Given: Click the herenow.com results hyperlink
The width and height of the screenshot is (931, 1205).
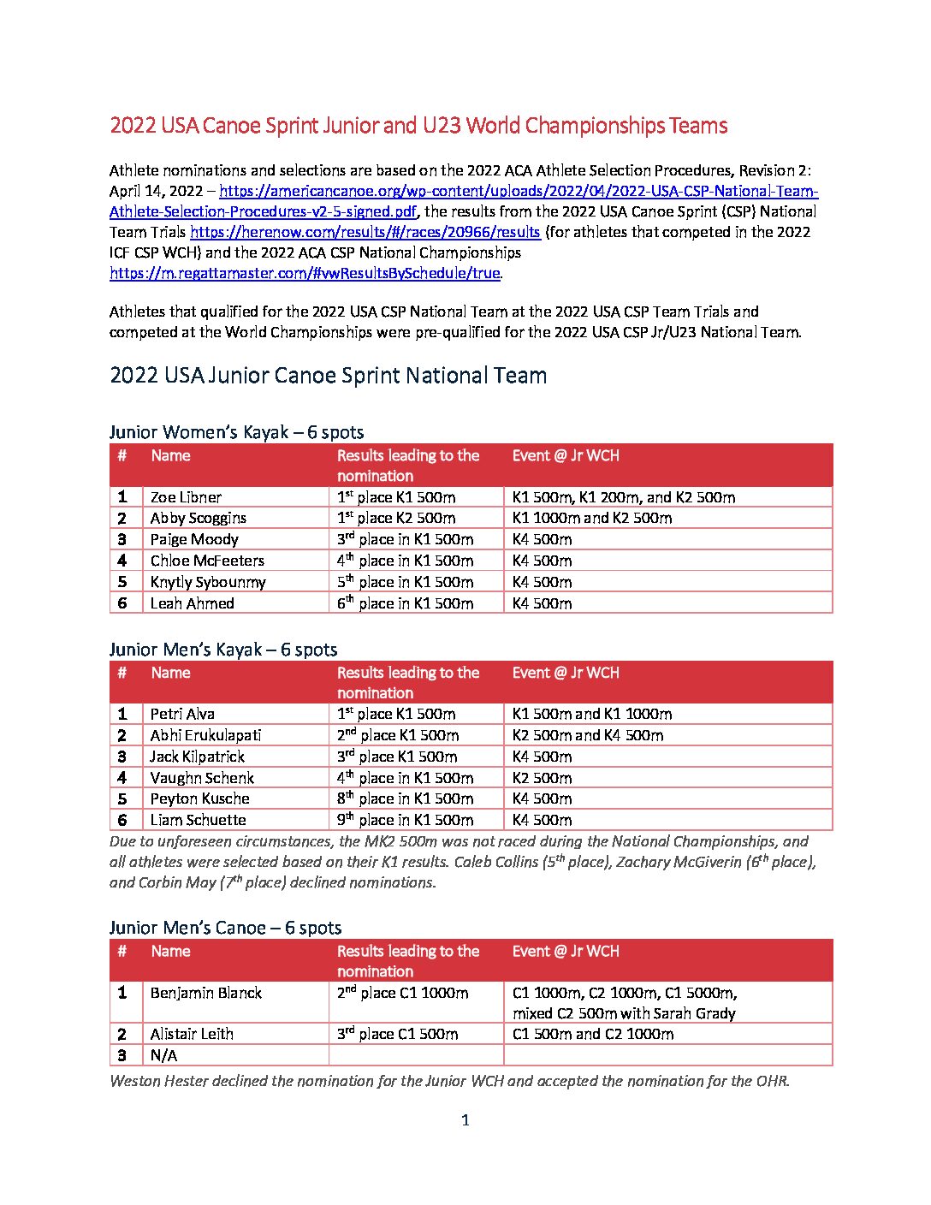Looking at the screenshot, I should point(365,232).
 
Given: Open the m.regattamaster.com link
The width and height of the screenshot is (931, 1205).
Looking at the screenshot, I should point(305,273).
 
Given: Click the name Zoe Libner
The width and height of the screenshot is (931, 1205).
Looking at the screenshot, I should point(186,497).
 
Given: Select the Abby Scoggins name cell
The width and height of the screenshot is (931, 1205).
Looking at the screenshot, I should point(198,518).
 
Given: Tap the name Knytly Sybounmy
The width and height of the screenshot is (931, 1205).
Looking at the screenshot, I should point(208,582).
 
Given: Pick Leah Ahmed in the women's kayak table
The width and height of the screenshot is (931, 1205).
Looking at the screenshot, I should point(192,603).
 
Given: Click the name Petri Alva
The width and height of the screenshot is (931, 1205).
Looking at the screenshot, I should point(182,714).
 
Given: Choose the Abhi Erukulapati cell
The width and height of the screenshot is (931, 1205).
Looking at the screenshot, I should point(205,735).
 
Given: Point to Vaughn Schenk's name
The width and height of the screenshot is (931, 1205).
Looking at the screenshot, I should point(202,778).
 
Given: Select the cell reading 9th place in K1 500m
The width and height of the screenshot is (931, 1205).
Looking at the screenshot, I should point(405,820).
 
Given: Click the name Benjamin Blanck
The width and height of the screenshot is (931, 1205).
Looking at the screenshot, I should point(205,993).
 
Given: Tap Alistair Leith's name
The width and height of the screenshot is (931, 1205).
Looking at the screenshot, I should point(192,1034).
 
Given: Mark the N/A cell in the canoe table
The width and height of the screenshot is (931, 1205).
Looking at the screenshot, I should point(163,1055).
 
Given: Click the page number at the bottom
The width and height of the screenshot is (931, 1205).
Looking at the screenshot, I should point(465,1120).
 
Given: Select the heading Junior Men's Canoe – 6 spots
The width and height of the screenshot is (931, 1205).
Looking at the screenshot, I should point(225,928).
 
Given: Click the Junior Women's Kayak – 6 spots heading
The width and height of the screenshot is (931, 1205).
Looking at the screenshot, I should point(236,432).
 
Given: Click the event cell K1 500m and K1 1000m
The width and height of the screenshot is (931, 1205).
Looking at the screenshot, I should point(591,714).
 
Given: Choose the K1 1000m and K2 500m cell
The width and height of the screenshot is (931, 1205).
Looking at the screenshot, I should point(591,518).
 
